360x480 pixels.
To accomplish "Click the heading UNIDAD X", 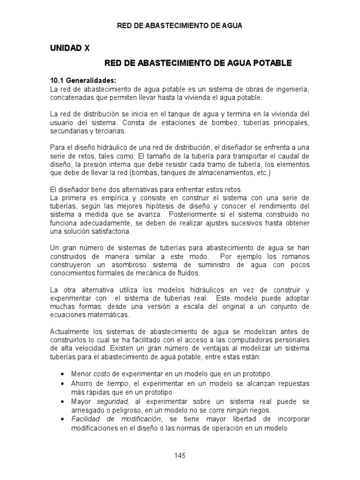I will point(69,48).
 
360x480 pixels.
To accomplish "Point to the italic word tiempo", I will point(117,383).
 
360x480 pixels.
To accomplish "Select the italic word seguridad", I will point(113,402).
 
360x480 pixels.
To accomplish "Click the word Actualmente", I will point(70,332).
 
